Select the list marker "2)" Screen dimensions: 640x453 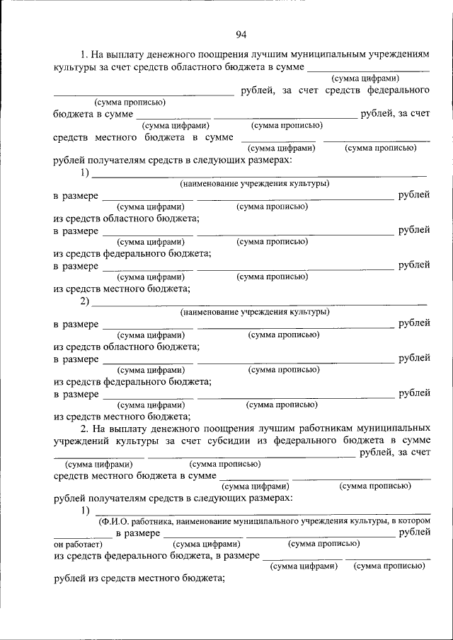(x=85, y=302)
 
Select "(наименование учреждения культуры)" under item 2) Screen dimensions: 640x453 (x=254, y=312)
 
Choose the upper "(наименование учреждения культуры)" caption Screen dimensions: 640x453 (x=254, y=183)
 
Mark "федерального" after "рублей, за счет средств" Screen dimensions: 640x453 (x=397, y=90)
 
